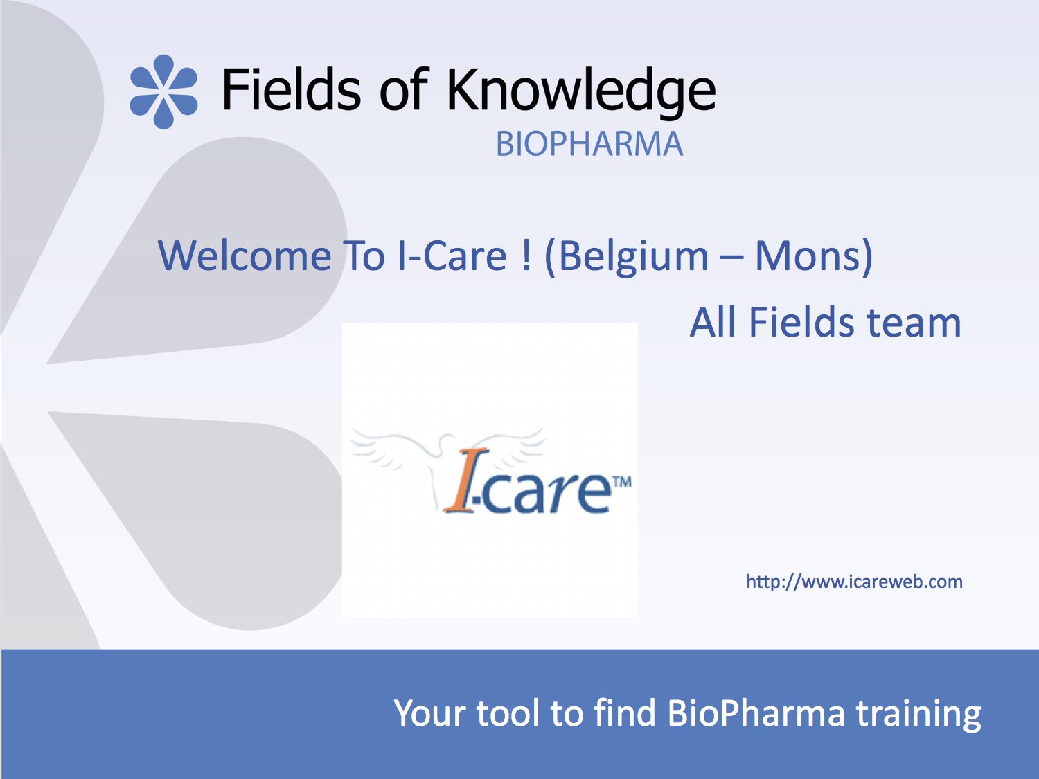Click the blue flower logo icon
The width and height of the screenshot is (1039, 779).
click(x=163, y=92)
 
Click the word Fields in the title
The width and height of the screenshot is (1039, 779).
click(x=292, y=89)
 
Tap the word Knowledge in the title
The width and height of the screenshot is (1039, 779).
click(x=581, y=93)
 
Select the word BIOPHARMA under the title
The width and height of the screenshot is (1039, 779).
click(x=589, y=144)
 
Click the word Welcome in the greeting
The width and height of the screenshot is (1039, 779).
click(x=245, y=256)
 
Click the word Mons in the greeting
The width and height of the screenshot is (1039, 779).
click(x=808, y=256)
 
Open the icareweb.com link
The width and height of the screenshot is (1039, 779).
click(x=854, y=581)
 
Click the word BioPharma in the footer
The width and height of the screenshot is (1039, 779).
click(x=756, y=713)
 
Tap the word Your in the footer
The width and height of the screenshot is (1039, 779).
click(x=430, y=713)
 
